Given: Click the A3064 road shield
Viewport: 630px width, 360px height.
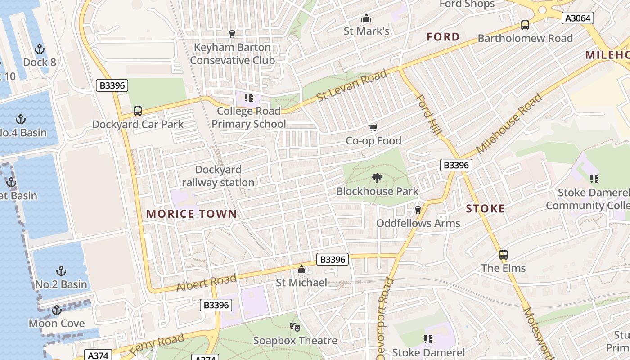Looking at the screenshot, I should (x=578, y=18).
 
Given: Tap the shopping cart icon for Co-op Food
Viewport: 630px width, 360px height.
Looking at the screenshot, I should (x=373, y=128).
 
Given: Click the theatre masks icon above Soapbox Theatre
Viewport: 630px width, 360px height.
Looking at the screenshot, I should (x=295, y=327).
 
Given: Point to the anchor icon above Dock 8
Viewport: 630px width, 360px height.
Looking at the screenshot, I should (x=40, y=49).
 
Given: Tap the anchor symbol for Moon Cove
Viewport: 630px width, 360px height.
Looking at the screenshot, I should (x=56, y=310).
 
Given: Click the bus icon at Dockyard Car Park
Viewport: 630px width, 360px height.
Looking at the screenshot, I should (x=138, y=111).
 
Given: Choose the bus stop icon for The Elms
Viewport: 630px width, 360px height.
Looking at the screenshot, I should (x=504, y=255).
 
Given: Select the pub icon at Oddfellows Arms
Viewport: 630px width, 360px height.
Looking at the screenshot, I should (x=418, y=210).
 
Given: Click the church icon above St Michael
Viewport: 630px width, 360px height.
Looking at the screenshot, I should (x=301, y=270).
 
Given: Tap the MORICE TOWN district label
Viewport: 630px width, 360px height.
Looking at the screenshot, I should (x=192, y=214).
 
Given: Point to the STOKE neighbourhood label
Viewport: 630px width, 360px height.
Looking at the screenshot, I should (x=485, y=209).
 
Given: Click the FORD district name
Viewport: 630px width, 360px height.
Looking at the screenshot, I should (x=443, y=37).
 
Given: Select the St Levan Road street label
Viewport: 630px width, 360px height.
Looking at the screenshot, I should (x=351, y=85).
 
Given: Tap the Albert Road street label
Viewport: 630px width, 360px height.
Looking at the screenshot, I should (x=206, y=282).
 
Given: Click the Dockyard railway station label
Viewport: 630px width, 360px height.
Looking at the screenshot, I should (x=218, y=176).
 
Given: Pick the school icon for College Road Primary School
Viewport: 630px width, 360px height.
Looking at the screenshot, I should (x=249, y=98).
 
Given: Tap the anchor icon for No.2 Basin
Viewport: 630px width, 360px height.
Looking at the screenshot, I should (x=61, y=271).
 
